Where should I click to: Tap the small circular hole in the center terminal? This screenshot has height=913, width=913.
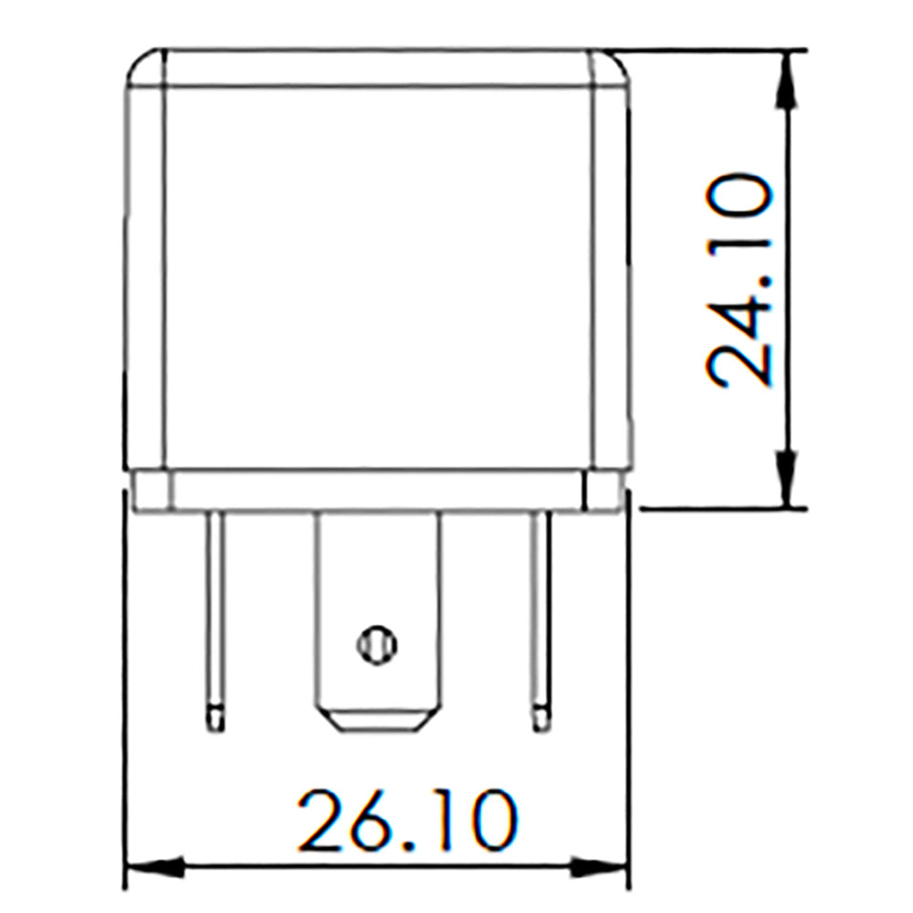(x=376, y=645)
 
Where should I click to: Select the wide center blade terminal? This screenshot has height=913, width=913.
(x=376, y=593)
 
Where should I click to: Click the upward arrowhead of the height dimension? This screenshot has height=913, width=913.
(x=787, y=82)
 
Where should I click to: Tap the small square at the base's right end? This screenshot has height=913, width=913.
(x=604, y=489)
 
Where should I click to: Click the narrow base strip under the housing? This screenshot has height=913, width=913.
(x=376, y=489)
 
